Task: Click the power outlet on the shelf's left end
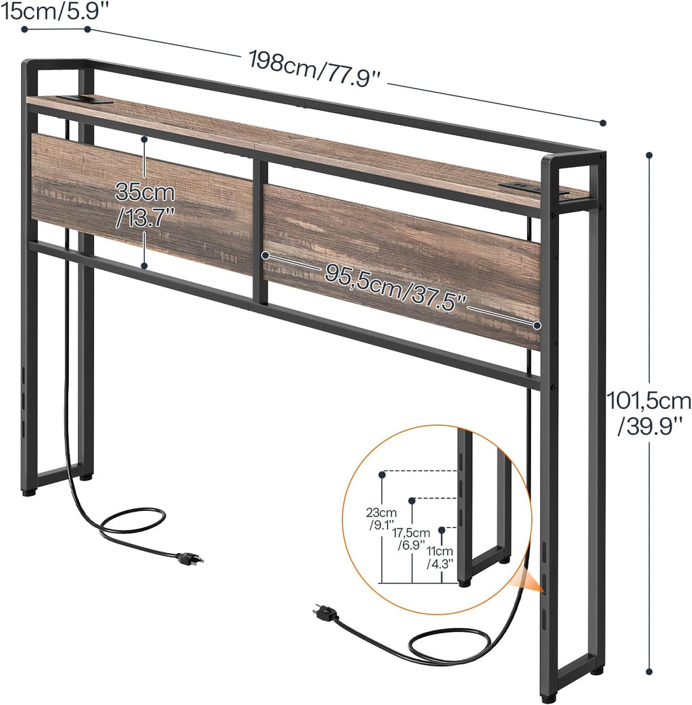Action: [83, 100]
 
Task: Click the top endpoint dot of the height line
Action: [649, 155]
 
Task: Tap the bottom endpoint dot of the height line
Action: [649, 672]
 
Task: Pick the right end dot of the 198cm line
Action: [603, 123]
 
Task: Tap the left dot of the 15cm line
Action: [24, 29]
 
